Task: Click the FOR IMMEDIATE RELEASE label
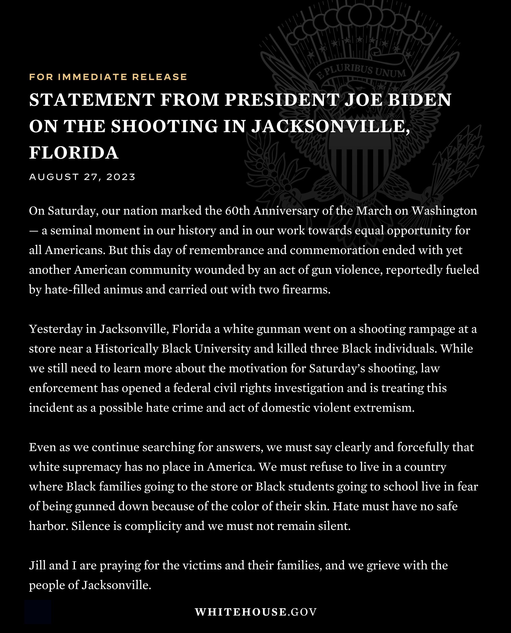click(x=108, y=77)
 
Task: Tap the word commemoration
click(x=335, y=250)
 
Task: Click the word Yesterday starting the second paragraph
click(x=56, y=329)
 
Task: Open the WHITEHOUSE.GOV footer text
click(x=255, y=612)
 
